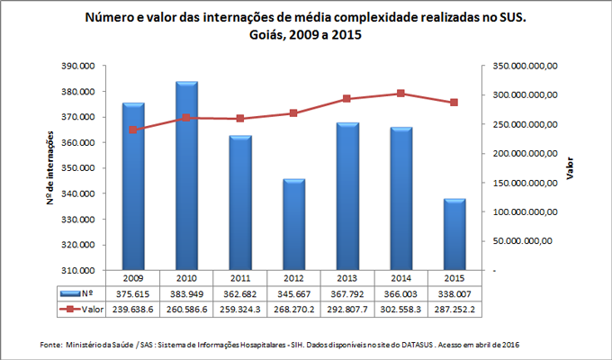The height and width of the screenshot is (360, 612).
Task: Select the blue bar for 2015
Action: coord(454,234)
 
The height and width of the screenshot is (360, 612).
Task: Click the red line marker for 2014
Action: coord(400,94)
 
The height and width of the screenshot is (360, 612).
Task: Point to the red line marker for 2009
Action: coord(133,130)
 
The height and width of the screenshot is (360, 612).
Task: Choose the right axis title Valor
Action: coord(581,168)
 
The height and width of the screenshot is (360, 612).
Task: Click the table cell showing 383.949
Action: coord(187,293)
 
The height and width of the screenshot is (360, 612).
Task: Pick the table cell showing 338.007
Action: coord(454,293)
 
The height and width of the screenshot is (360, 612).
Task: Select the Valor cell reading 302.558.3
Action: coord(400,309)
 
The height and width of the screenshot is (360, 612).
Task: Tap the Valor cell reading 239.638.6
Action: coord(133,309)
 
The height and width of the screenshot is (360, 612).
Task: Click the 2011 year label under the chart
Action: coord(240,278)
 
